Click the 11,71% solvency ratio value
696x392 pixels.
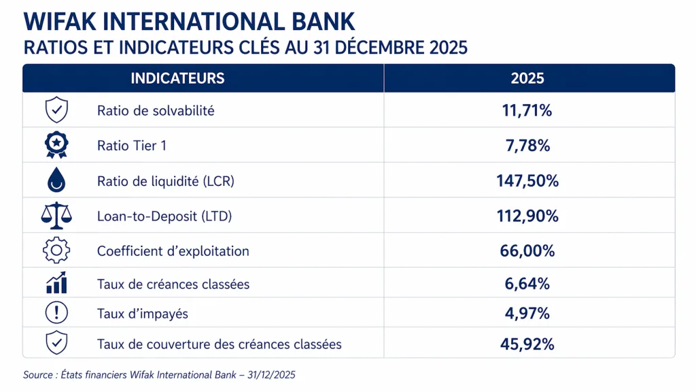tap(527, 110)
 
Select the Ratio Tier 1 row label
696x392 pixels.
tap(132, 146)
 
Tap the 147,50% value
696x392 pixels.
tap(527, 181)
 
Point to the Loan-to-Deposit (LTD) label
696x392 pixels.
tap(164, 216)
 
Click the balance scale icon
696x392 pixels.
tap(56, 216)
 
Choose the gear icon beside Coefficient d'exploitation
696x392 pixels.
tap(56, 250)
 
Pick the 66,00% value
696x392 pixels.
tap(527, 251)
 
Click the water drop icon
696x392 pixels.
tap(56, 180)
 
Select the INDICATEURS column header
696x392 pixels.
tap(177, 78)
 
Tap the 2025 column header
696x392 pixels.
tap(527, 78)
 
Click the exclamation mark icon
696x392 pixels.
tap(56, 313)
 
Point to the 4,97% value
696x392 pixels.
tap(527, 314)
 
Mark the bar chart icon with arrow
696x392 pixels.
tap(56, 282)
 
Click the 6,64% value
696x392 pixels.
tap(527, 284)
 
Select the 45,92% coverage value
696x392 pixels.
tap(527, 344)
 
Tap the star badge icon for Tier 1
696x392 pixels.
tap(56, 144)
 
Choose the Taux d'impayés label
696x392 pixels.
tap(143, 314)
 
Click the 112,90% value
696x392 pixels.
tap(527, 216)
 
